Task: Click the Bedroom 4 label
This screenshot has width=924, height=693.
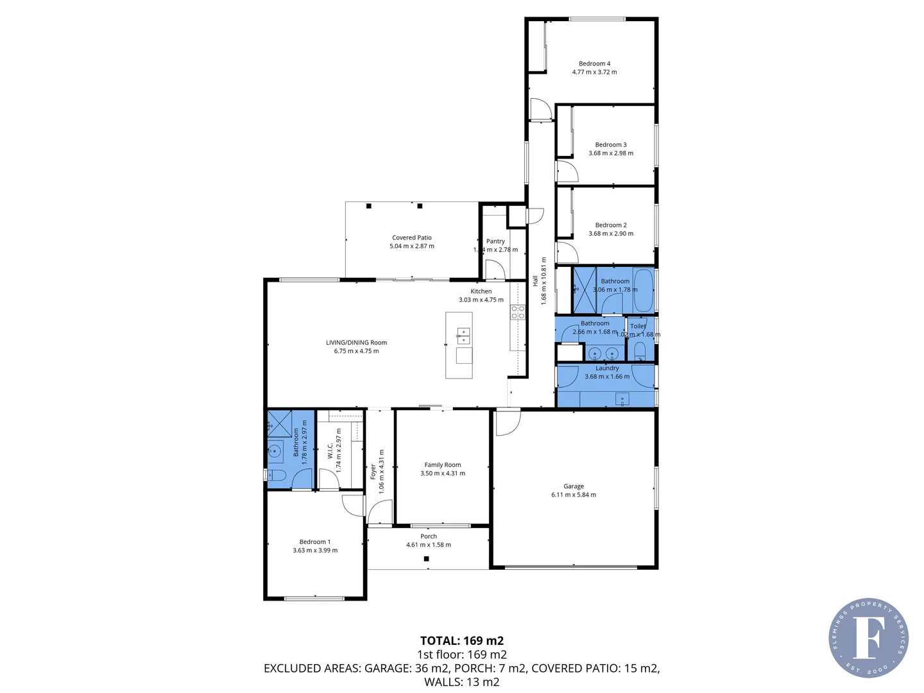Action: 594,64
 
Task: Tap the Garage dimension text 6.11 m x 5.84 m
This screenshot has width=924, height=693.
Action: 573,495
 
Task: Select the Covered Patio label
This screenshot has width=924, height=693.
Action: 411,237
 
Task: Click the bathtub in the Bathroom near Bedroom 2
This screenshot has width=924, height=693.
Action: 643,289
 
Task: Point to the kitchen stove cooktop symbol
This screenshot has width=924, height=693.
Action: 517,312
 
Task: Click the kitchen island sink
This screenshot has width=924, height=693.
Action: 463,332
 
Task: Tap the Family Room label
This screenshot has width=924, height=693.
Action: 442,465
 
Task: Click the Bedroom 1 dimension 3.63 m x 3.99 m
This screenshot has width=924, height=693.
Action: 314,551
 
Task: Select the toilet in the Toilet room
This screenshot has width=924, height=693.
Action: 639,350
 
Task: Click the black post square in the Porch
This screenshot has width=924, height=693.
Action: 426,559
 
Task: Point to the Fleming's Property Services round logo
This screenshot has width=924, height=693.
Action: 868,638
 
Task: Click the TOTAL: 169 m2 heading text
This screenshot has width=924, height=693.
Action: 461,640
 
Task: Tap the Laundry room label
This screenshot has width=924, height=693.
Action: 607,368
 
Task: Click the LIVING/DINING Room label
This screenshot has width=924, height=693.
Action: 356,343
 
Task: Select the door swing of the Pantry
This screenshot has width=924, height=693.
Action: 493,269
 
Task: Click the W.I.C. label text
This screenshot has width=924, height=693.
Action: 330,450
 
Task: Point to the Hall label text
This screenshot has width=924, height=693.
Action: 535,281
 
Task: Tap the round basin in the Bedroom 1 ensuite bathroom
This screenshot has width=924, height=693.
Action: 275,450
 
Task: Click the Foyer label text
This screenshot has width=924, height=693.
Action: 373,472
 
